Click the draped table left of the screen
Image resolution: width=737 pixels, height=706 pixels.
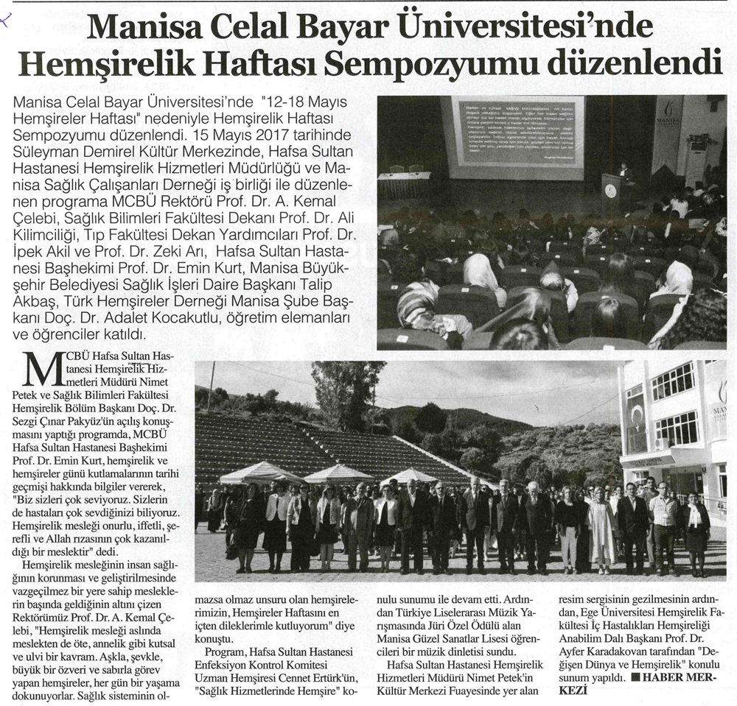403,185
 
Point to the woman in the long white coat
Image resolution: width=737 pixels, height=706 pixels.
601,529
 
